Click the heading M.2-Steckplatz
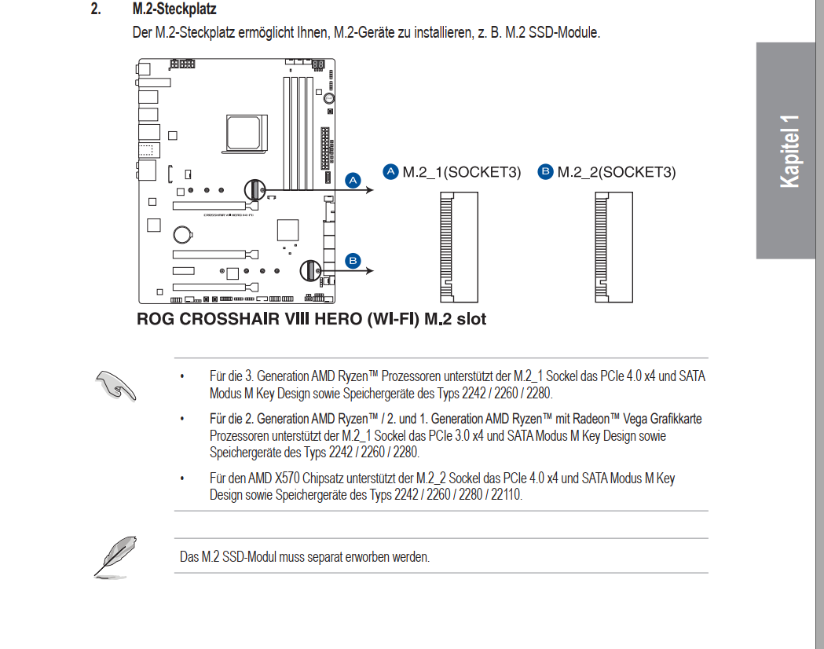pyautogui.click(x=174, y=10)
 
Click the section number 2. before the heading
pyautogui.click(x=97, y=10)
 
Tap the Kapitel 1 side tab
pyautogui.click(x=789, y=151)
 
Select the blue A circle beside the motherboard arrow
pyautogui.click(x=353, y=180)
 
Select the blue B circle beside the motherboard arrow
pyautogui.click(x=353, y=261)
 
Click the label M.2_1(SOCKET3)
pyautogui.click(x=461, y=172)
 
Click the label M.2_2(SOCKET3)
pyautogui.click(x=616, y=172)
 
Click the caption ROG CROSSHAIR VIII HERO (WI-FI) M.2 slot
pyautogui.click(x=311, y=319)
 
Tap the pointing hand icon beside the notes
pyautogui.click(x=115, y=384)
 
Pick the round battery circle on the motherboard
pyautogui.click(x=183, y=233)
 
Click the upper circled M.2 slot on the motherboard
pyautogui.click(x=253, y=189)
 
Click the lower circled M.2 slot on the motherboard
pyautogui.click(x=309, y=270)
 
